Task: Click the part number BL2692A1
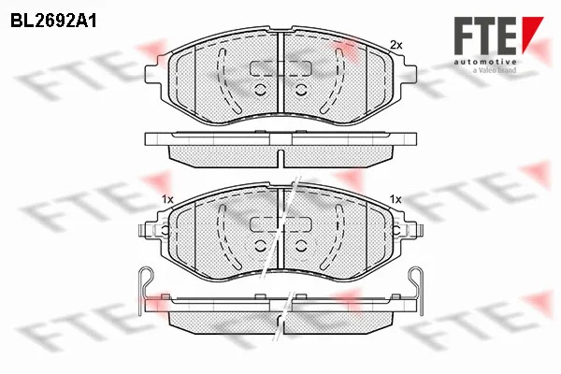pyautogui.click(x=53, y=22)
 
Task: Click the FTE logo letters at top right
pyautogui.click(x=485, y=36)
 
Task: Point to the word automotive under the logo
pyautogui.click(x=485, y=62)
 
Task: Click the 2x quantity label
pyautogui.click(x=396, y=45)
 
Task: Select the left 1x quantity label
pyautogui.click(x=167, y=199)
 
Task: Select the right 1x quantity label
pyautogui.click(x=396, y=199)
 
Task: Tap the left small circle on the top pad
pyautogui.click(x=261, y=90)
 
